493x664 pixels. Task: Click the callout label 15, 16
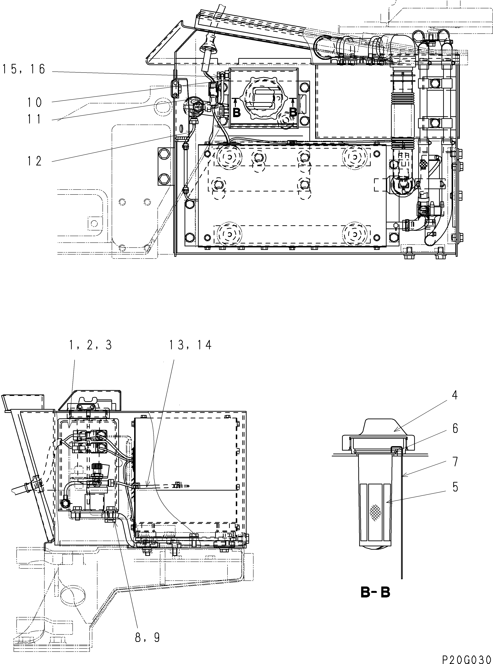24,70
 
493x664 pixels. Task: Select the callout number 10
35,102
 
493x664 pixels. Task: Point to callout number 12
35,161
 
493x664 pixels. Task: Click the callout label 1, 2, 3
91,345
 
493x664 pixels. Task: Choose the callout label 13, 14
190,345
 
